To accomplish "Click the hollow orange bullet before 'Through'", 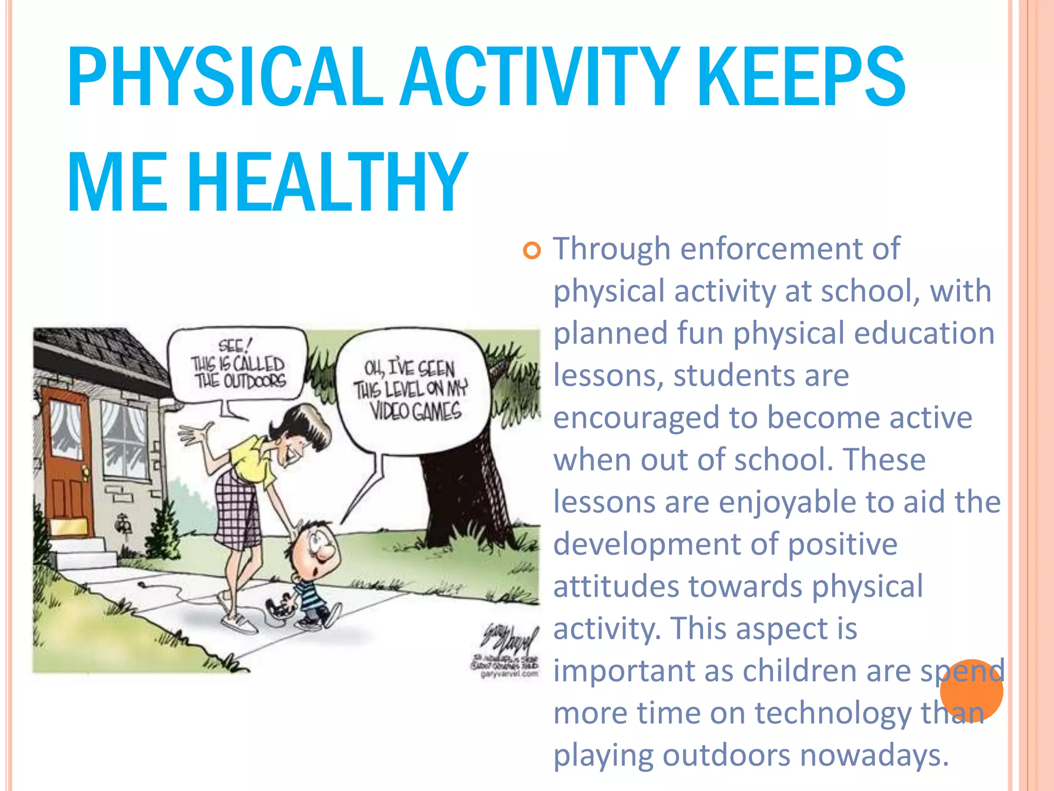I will (x=532, y=251).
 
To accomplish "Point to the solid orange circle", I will (x=971, y=690).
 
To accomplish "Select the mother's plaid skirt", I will (x=237, y=510).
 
